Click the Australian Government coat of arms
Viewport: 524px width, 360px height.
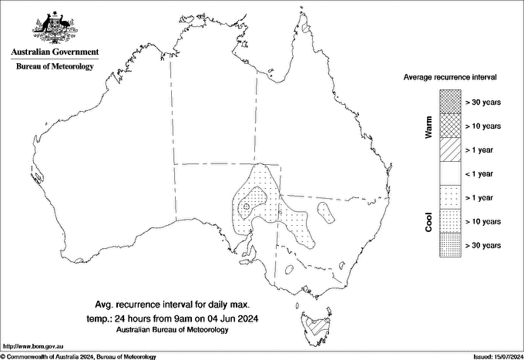(55, 27)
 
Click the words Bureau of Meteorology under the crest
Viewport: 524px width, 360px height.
(55, 67)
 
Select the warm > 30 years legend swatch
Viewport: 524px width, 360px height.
(450, 101)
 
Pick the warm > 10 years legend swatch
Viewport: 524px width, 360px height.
(450, 125)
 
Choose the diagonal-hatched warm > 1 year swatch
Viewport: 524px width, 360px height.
(450, 149)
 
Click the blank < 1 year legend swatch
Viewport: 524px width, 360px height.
(450, 173)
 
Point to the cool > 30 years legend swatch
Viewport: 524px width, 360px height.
(450, 244)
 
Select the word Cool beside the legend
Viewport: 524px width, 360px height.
(429, 222)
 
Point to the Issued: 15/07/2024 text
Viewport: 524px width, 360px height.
(495, 356)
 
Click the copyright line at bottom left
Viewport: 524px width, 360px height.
(79, 356)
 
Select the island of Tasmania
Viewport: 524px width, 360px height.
(317, 325)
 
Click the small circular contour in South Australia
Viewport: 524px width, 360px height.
(246, 207)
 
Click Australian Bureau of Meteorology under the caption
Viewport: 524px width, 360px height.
(173, 329)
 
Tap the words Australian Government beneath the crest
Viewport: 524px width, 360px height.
(55, 52)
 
